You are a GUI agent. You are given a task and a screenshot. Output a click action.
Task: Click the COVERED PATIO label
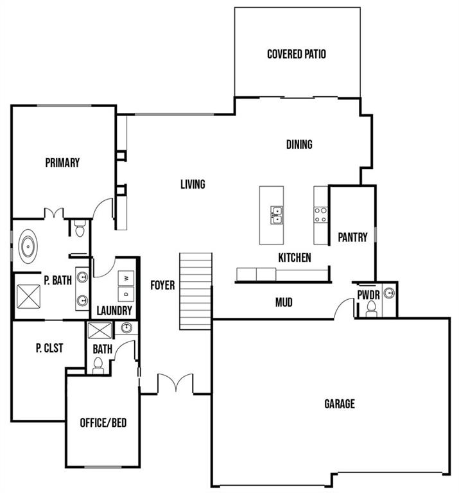[x=296, y=54]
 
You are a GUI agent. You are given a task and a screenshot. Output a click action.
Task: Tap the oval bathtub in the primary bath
[x=28, y=246]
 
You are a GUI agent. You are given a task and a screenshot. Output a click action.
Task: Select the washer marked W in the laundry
[x=126, y=278]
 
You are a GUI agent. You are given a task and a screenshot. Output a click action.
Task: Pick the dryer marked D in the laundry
[x=126, y=294]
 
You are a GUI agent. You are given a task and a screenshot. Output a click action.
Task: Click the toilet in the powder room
[x=371, y=309]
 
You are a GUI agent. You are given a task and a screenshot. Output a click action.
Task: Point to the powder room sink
[x=390, y=293]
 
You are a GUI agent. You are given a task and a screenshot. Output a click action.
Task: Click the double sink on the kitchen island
[x=277, y=215]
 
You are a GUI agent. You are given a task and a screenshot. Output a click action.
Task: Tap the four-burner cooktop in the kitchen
[x=321, y=215]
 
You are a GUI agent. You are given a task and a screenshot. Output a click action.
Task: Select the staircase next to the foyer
[x=196, y=291]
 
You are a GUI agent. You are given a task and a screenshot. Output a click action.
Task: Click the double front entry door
[x=175, y=383]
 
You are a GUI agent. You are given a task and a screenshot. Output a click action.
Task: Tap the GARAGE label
[x=340, y=404]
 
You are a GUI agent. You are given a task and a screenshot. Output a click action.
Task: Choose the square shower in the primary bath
[x=29, y=297]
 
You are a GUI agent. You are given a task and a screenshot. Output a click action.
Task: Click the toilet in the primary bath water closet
[x=80, y=229]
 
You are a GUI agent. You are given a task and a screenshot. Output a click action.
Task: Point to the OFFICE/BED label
[x=103, y=423]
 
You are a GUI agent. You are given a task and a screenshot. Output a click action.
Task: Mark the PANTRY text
[x=352, y=237]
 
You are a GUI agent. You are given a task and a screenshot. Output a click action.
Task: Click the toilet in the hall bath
[x=98, y=365]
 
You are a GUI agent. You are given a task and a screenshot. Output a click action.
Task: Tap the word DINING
[x=299, y=144]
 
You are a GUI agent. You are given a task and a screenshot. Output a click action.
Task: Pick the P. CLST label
[x=49, y=348]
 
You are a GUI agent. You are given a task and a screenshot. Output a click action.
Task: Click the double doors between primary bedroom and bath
[x=54, y=213]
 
